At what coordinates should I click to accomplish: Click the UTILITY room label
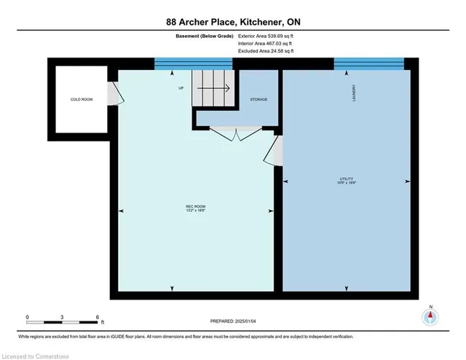pos(345,181)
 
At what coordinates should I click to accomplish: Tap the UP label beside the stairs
pos(181,89)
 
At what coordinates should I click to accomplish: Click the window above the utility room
pos(368,64)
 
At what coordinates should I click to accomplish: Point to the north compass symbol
pos(430,316)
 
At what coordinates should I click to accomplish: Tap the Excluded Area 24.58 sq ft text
pos(265,51)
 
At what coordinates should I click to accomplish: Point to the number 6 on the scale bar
pos(98,317)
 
